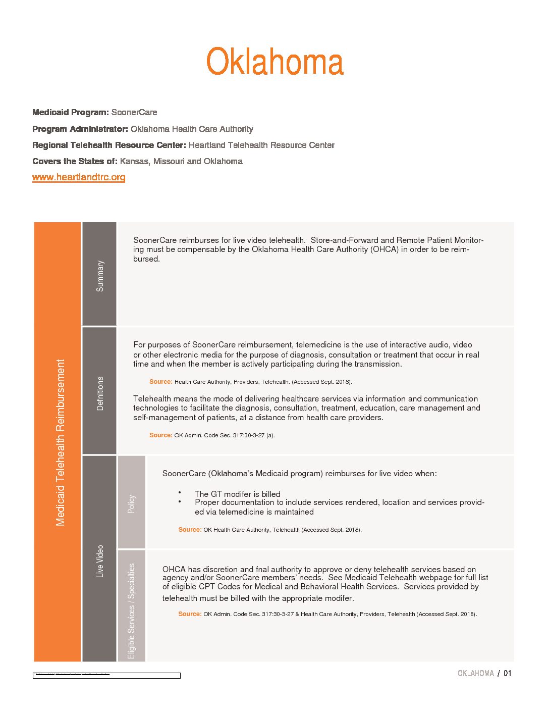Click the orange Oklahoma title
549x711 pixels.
click(x=275, y=62)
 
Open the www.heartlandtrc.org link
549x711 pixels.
click(x=79, y=177)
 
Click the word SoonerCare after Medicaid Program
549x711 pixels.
click(x=134, y=112)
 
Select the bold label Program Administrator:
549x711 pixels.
click(x=80, y=129)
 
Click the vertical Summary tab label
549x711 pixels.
click(x=100, y=276)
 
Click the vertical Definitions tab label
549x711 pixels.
click(x=100, y=393)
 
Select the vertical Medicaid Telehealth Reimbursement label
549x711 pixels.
click(x=61, y=442)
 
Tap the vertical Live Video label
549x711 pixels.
click(x=100, y=561)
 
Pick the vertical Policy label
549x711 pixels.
click(x=131, y=504)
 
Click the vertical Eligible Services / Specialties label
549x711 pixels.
click(x=131, y=611)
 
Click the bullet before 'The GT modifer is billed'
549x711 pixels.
click(x=180, y=492)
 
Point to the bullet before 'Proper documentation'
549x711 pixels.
click(x=180, y=502)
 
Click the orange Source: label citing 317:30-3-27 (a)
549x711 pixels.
click(x=160, y=435)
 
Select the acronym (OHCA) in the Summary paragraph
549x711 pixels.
click(x=385, y=249)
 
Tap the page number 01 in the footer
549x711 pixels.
click(x=507, y=673)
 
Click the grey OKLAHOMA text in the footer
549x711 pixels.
click(x=475, y=673)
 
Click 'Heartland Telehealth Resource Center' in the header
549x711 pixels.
click(x=261, y=145)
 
